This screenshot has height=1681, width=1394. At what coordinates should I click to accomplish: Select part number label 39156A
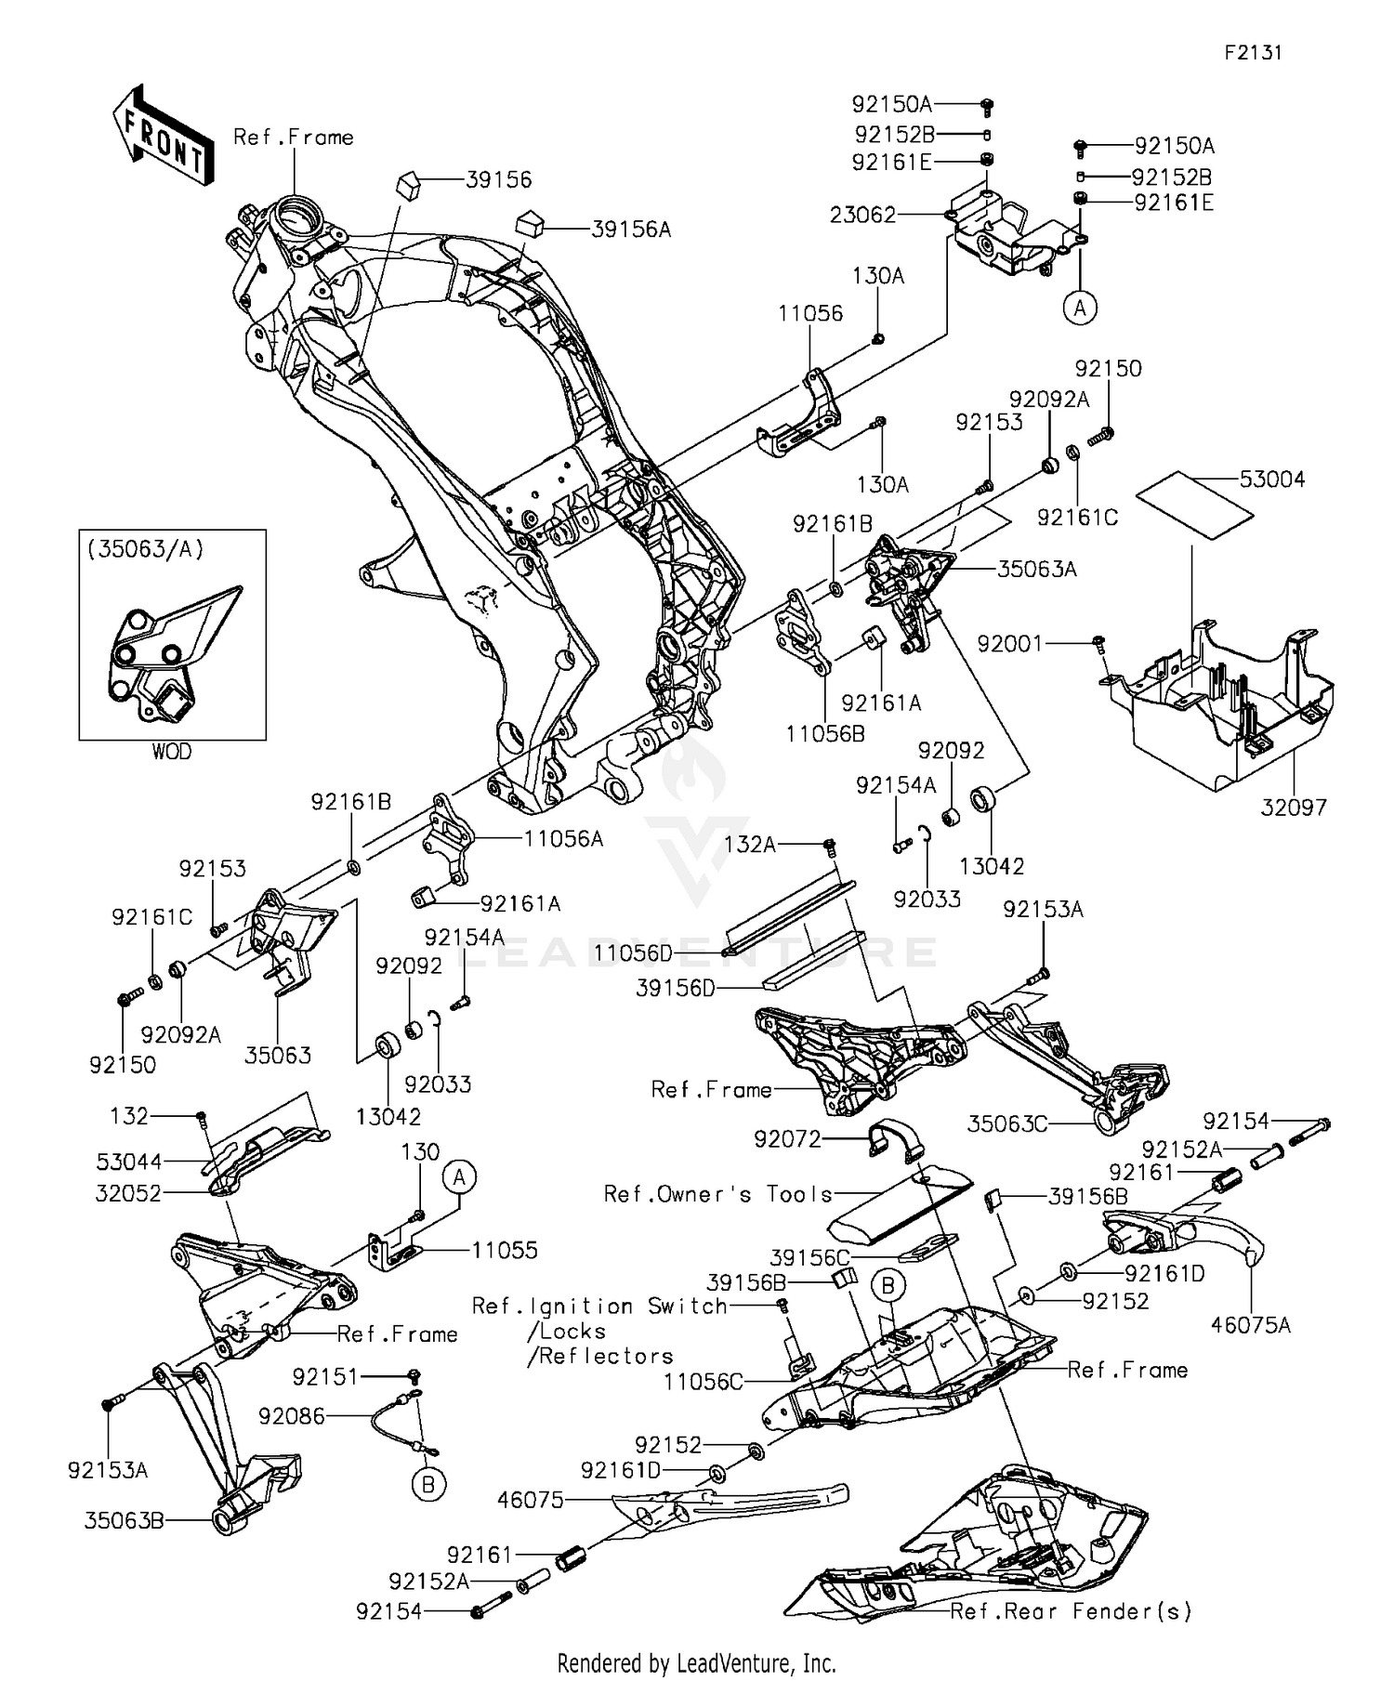630,229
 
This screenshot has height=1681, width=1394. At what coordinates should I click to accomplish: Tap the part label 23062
862,216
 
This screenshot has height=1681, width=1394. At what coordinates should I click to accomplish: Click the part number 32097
1294,808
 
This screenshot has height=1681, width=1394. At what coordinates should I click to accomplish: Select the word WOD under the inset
172,752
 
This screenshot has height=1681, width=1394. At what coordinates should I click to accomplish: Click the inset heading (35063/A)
145,549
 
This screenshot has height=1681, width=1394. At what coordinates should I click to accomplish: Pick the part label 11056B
825,733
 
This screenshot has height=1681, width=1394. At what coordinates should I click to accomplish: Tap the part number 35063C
1007,1123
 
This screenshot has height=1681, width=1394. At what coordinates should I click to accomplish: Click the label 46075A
1251,1325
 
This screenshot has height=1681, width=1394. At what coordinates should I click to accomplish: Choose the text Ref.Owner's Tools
718,1194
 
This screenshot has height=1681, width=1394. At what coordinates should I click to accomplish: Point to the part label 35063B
125,1521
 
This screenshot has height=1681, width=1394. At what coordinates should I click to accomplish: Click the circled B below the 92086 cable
428,1485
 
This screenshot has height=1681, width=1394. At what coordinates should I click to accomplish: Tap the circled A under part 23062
1080,307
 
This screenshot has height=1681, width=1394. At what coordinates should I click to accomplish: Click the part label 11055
504,1250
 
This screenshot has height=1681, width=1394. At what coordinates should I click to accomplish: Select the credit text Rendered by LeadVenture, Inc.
696,1662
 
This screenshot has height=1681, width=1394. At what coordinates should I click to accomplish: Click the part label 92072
787,1138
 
